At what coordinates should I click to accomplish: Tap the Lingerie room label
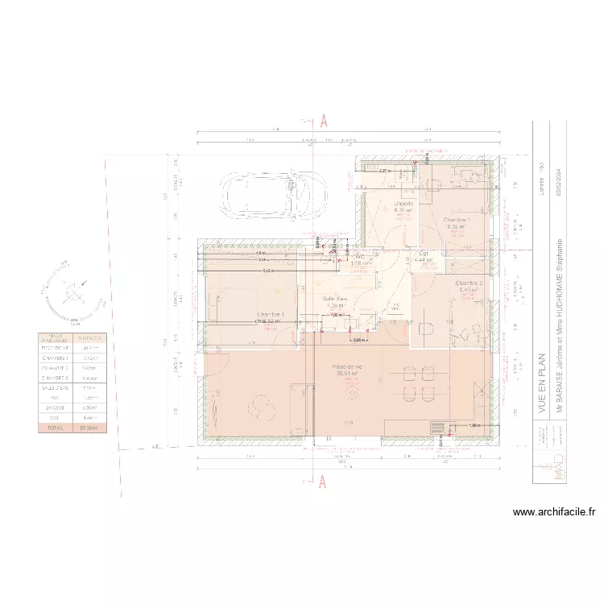(403, 204)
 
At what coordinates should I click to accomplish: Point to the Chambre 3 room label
(468, 283)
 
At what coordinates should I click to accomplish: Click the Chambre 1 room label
(270, 314)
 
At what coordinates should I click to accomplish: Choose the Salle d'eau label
(336, 299)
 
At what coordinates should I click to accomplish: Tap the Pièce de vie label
(349, 366)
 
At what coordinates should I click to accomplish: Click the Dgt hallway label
(424, 254)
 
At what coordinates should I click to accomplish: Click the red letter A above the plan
(323, 121)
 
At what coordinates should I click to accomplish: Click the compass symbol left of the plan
(74, 290)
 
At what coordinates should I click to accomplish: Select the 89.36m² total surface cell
(88, 428)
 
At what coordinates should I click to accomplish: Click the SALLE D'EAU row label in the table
(55, 387)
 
